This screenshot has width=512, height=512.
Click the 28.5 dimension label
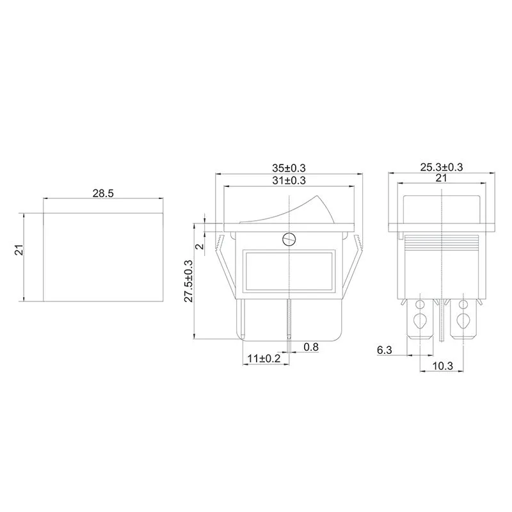pyautogui.click(x=102, y=192)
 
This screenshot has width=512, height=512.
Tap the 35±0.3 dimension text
pyautogui.click(x=289, y=167)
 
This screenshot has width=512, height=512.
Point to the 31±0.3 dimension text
pyautogui.click(x=289, y=181)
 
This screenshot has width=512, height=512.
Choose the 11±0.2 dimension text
pyautogui.click(x=264, y=358)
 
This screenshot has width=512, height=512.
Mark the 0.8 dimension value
pyautogui.click(x=312, y=348)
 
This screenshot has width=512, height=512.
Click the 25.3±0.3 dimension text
pyautogui.click(x=442, y=167)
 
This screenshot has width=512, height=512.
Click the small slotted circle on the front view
pyautogui.click(x=289, y=240)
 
